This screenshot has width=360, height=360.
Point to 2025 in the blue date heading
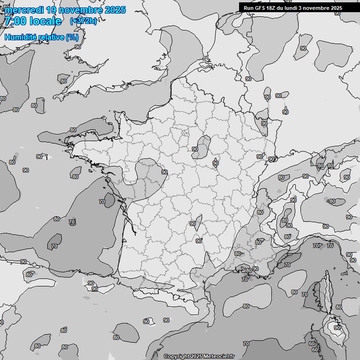coord(115,10)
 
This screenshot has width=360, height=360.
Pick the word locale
coord(45,21)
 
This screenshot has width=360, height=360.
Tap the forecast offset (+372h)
coord(83,21)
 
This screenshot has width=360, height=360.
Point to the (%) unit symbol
coord(72,37)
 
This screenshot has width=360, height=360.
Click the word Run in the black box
coord(248,8)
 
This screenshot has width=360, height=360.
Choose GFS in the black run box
coord(260,8)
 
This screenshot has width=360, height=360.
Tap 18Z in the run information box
coord(272,8)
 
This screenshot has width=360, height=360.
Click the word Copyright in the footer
coord(176,356)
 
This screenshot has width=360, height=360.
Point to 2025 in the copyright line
coord(195,356)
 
